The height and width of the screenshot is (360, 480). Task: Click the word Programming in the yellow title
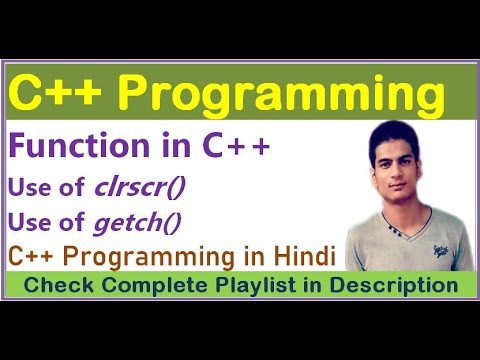287,96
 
